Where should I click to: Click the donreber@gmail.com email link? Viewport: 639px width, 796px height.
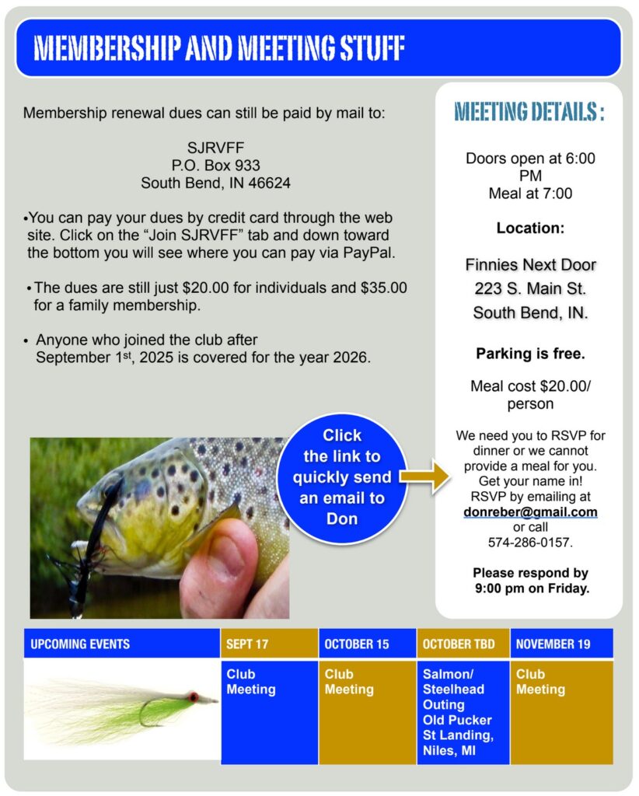[530, 511]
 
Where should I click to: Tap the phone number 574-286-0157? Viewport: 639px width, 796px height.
[530, 542]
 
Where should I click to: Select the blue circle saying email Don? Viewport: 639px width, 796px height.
[342, 477]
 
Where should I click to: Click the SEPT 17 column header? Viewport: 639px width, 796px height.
[269, 644]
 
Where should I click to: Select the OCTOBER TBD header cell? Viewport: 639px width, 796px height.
[463, 644]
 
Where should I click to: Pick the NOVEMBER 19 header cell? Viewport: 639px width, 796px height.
[561, 644]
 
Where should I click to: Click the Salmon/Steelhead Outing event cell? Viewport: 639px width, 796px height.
[463, 712]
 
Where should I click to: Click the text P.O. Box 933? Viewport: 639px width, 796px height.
[215, 166]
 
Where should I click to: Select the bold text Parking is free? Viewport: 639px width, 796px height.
[530, 354]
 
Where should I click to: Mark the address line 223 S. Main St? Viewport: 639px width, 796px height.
[530, 289]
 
